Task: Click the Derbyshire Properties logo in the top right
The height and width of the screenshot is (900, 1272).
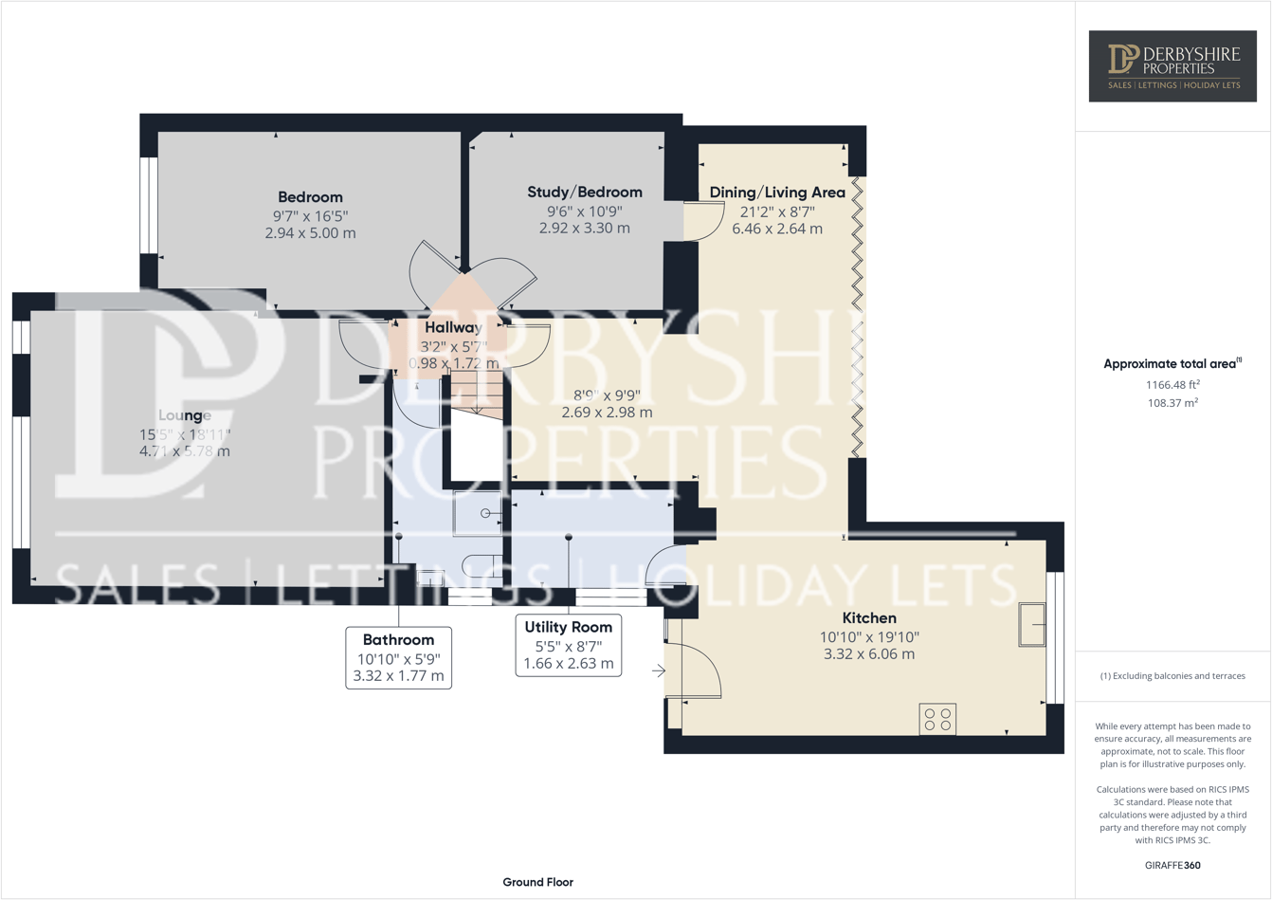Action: (x=1172, y=65)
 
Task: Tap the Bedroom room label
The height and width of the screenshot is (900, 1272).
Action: (x=310, y=197)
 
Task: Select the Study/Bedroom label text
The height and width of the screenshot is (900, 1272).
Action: (x=584, y=192)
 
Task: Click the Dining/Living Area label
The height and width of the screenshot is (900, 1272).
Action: (x=777, y=193)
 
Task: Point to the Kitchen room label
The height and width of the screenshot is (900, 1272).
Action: (x=869, y=618)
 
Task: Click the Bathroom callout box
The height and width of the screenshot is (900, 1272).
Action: (x=398, y=657)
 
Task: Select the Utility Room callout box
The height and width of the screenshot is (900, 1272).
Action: (x=568, y=645)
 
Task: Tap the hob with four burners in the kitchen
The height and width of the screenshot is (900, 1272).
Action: (x=937, y=719)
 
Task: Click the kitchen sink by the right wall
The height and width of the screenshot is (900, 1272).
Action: (x=1031, y=625)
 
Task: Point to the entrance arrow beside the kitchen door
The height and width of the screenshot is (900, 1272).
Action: (x=659, y=671)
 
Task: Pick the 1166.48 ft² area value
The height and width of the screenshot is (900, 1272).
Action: (x=1172, y=385)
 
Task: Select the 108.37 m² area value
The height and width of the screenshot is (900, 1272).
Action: (x=1172, y=403)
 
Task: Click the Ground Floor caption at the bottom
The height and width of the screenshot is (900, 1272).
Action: (x=537, y=882)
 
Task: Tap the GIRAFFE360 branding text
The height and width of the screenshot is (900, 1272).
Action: (x=1172, y=865)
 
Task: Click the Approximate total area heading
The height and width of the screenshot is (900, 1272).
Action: (x=1172, y=364)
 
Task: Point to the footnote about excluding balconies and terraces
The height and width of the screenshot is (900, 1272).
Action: (x=1172, y=676)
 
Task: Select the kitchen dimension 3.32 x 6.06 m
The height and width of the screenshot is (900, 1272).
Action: (x=869, y=654)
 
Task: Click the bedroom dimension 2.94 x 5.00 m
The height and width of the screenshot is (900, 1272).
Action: (x=310, y=233)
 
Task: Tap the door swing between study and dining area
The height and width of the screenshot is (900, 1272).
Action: (x=701, y=221)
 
